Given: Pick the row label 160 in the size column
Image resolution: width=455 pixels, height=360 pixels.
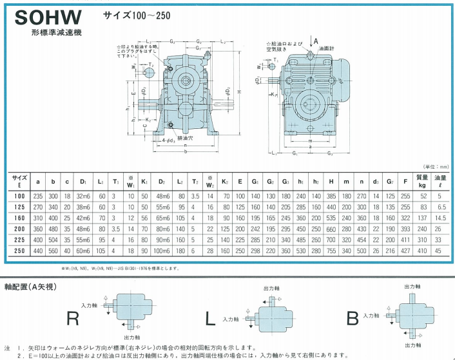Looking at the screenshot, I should point(20,218).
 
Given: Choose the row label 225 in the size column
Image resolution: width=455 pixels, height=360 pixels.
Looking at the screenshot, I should point(20,240).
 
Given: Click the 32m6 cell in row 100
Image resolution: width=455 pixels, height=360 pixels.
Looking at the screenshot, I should point(83,196).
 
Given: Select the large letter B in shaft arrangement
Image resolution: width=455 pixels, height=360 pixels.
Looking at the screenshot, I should point(353,317).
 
